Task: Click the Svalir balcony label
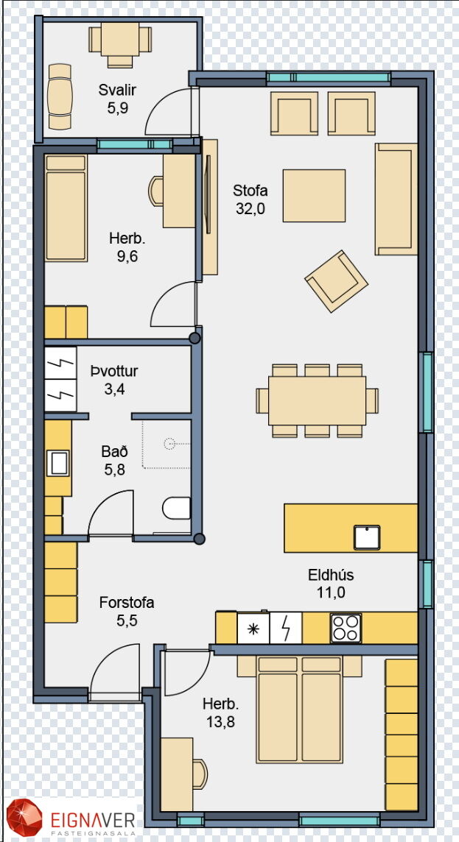coord(117,91)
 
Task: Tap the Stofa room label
coord(250,191)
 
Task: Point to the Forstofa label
coord(127,603)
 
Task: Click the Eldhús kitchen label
coord(331,575)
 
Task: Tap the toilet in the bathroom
coord(176,508)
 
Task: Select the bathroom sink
coord(58,464)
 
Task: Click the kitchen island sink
coord(367,537)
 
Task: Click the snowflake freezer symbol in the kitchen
coord(253,629)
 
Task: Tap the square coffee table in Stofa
coord(315,196)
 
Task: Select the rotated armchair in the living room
coord(337,281)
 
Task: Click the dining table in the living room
coord(317,400)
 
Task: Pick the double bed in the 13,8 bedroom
coord(300,709)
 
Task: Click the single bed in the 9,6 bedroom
coord(66,208)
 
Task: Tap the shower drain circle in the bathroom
coord(170,444)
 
